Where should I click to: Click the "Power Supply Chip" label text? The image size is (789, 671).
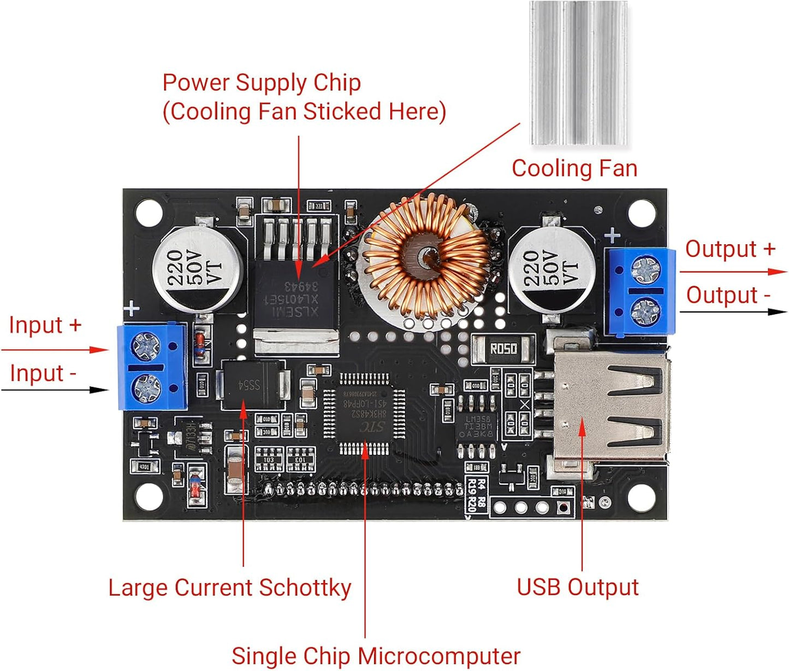[x=262, y=83]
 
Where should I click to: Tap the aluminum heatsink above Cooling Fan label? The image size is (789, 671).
[x=579, y=74]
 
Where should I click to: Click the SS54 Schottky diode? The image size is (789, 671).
[x=252, y=385]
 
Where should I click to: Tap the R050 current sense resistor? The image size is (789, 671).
[x=503, y=349]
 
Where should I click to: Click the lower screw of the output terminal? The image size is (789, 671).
[x=645, y=312]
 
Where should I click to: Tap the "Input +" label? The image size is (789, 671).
[x=45, y=325]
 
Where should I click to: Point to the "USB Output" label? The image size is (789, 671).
[x=577, y=587]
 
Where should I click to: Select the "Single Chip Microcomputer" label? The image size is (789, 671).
[x=376, y=656]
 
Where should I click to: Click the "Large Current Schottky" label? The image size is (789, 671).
[x=229, y=588]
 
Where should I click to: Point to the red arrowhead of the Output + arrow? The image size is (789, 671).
[x=778, y=272]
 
